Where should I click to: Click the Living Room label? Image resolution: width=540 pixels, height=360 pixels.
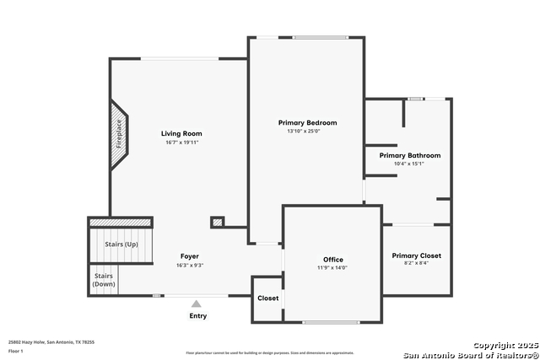tap(181, 133)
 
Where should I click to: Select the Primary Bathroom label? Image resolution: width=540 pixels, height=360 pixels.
tap(409, 155)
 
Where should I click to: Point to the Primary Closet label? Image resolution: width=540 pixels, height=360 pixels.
tap(416, 255)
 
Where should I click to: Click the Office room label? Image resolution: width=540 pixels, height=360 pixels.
tap(333, 260)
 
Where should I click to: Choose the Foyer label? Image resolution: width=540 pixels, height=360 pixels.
tap(190, 256)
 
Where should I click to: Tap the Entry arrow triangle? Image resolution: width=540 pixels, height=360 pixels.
tap(197, 304)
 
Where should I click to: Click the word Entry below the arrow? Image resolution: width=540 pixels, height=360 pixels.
tap(197, 316)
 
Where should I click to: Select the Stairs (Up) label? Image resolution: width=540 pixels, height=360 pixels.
tap(121, 244)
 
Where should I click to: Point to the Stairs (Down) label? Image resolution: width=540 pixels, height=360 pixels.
tap(104, 280)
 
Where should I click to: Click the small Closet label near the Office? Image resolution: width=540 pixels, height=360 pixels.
tap(268, 298)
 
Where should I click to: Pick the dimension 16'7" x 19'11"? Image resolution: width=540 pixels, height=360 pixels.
tap(181, 142)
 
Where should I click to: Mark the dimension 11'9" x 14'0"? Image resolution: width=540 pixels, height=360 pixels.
tap(333, 268)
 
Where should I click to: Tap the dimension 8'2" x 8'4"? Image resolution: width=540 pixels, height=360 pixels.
tap(416, 264)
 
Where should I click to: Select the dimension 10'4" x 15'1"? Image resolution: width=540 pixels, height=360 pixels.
tap(409, 164)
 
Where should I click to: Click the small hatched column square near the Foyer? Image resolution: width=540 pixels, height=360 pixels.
tap(218, 223)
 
